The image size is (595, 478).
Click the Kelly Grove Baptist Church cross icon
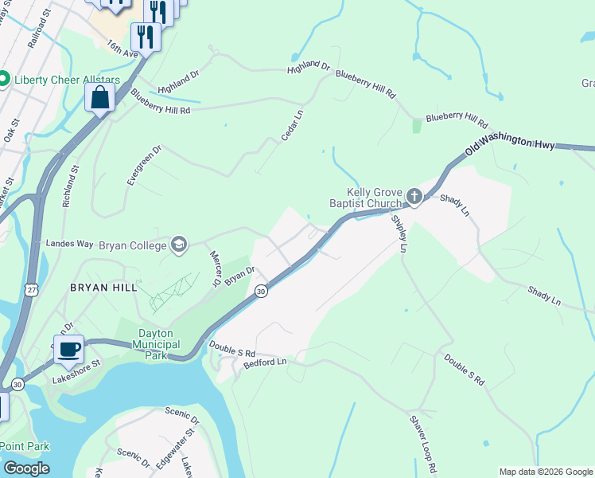[414, 196]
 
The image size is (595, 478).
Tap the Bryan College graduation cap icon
[179, 244]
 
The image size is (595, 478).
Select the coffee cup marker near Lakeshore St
[69, 348]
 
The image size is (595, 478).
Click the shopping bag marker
[100, 98]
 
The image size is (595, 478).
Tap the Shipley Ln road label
[399, 233]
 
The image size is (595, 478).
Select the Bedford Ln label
[264, 362]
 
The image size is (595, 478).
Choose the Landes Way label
[71, 244]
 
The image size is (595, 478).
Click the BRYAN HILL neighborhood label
[103, 287]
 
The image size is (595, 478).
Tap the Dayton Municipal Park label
[167, 344]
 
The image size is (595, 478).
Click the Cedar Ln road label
[292, 126]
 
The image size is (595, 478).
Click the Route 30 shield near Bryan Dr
[261, 292]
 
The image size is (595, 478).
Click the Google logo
[25, 468]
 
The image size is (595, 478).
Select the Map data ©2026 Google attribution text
[546, 472]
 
